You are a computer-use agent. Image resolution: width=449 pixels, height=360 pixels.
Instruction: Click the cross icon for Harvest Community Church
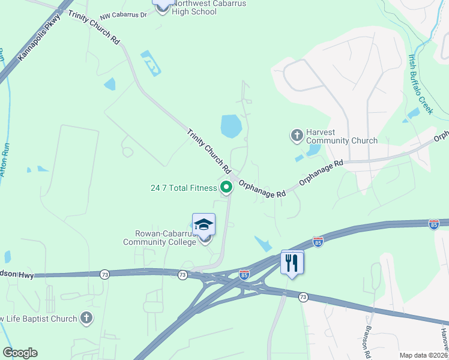click(x=297, y=136)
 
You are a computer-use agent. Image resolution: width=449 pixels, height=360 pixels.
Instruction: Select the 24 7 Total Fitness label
click(x=183, y=188)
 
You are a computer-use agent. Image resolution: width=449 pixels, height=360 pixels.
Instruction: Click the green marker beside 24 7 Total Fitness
click(x=226, y=188)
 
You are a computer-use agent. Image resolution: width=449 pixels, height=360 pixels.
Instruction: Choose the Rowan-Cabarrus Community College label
click(x=160, y=238)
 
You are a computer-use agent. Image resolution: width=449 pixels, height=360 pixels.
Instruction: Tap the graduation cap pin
click(x=203, y=225)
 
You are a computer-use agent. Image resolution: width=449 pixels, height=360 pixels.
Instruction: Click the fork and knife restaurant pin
click(x=292, y=262)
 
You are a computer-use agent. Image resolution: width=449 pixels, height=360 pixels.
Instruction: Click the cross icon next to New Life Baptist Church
click(x=86, y=318)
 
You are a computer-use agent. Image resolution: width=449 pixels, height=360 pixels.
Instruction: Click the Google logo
click(x=20, y=353)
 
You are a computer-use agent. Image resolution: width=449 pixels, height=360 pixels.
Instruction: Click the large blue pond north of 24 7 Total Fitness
click(x=231, y=126)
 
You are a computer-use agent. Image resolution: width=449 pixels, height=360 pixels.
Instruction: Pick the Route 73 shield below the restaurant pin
click(x=303, y=297)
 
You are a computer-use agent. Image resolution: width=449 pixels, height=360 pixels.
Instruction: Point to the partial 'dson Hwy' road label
click(x=18, y=275)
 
